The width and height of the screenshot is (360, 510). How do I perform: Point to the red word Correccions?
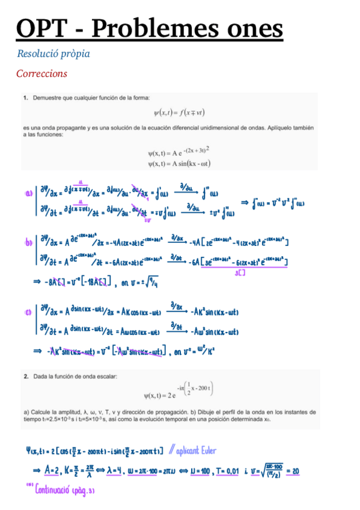pos(42,74)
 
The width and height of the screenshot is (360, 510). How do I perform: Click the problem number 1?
pos(26,97)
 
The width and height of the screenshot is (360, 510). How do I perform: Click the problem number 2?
pos(26,376)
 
